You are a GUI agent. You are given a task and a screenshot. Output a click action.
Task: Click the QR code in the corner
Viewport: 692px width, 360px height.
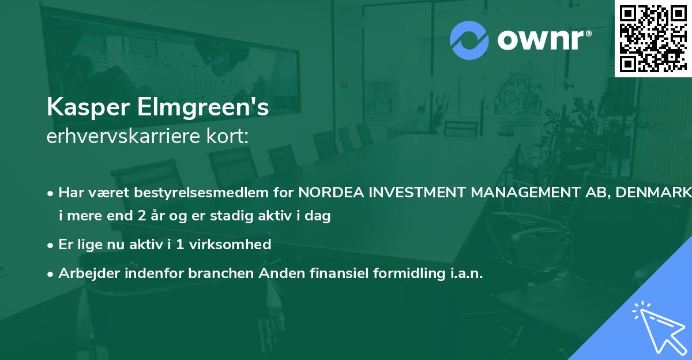tap(653, 37)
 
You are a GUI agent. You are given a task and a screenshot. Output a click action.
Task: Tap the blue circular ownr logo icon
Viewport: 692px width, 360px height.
tap(469, 40)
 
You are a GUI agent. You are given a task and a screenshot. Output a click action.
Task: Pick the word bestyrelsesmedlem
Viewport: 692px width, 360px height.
tap(201, 193)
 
